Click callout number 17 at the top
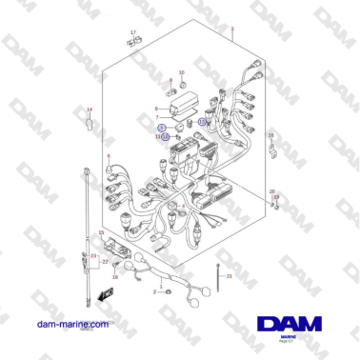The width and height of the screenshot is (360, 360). pyautogui.click(x=132, y=31)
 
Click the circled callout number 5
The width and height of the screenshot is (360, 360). pyautogui.click(x=163, y=127)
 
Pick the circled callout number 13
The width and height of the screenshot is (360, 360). pyautogui.click(x=202, y=121)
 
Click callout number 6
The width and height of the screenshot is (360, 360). pyautogui.click(x=110, y=156)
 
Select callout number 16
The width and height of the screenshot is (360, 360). pyautogui.click(x=270, y=136)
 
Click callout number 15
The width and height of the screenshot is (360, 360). pyautogui.click(x=102, y=231)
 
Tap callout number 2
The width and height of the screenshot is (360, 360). pyautogui.click(x=153, y=292)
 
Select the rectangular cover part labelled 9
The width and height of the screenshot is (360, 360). pyautogui.click(x=184, y=100)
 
